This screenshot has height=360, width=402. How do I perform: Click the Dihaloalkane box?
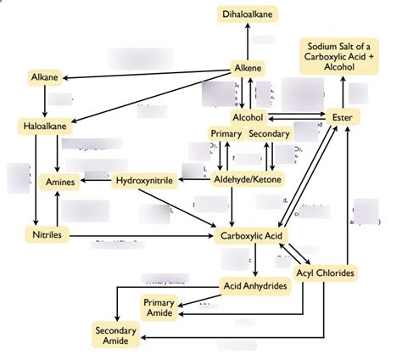(248, 14)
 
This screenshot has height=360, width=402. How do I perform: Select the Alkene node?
(248, 68)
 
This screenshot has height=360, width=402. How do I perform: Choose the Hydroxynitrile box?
(145, 180)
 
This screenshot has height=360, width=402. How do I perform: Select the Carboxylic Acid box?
(251, 235)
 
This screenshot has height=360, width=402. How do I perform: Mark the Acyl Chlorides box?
(326, 273)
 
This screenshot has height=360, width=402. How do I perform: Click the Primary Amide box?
(159, 307)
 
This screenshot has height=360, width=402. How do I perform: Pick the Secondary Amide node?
(116, 335)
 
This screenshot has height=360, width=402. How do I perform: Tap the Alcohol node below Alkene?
(248, 117)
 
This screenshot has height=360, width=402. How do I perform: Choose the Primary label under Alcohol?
(226, 133)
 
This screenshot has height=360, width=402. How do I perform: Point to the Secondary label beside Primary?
(270, 133)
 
